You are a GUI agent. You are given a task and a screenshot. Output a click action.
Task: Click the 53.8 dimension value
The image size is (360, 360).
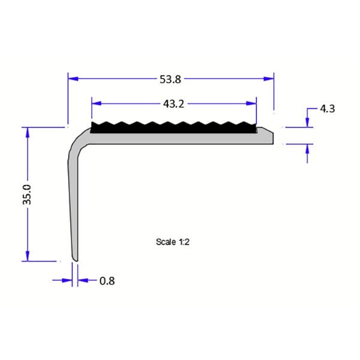click(x=171, y=78)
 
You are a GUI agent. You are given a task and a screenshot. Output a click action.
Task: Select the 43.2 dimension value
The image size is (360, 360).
click(x=173, y=103)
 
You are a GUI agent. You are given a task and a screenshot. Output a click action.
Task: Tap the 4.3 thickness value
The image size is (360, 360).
click(x=327, y=109)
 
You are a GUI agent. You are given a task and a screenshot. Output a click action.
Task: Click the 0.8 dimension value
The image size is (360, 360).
click(x=107, y=281)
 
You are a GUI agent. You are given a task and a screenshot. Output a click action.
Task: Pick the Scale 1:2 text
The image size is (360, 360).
click(x=173, y=242)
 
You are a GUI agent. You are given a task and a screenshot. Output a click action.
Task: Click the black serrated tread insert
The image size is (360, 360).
click(x=174, y=127)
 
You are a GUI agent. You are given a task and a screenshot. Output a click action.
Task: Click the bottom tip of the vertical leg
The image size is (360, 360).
click(x=75, y=259)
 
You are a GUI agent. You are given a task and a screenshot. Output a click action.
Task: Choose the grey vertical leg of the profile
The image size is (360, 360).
click(x=73, y=204)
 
